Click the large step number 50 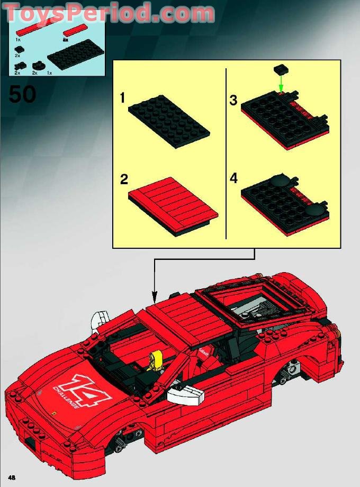23,95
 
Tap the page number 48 12,477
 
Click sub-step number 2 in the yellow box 124,179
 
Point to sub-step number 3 233,100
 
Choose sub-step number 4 233,178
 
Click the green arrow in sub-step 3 282,83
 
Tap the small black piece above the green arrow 281,69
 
